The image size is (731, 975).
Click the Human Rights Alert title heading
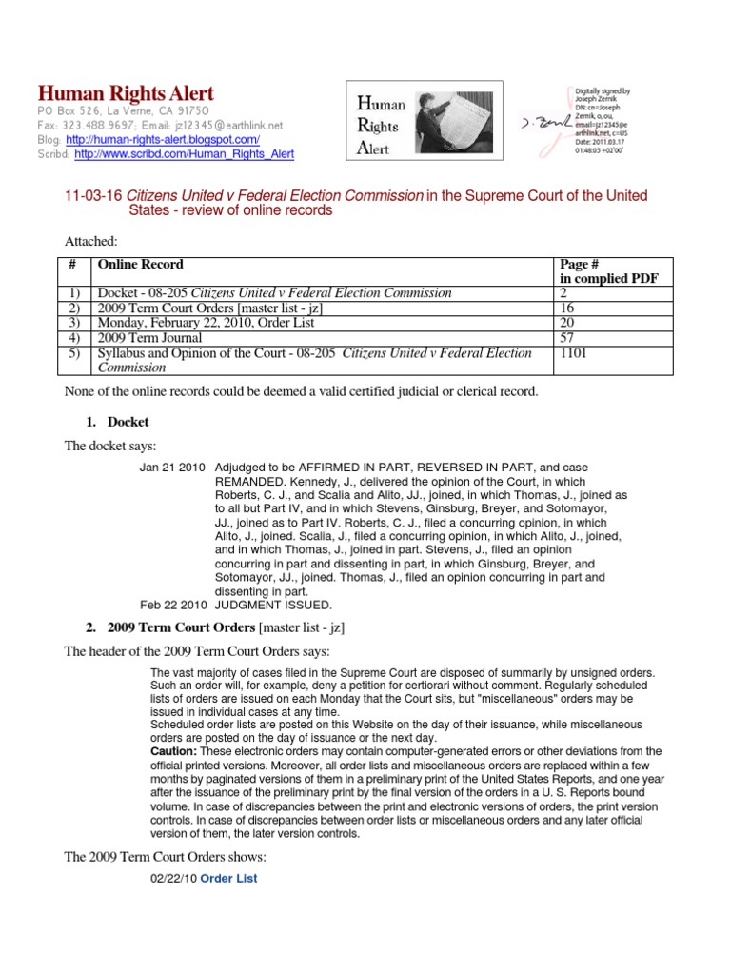click(126, 93)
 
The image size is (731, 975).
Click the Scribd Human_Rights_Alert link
click(184, 154)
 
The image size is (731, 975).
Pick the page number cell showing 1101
click(572, 353)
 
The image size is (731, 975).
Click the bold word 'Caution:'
click(174, 751)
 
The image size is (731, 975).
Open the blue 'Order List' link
click(221, 878)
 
